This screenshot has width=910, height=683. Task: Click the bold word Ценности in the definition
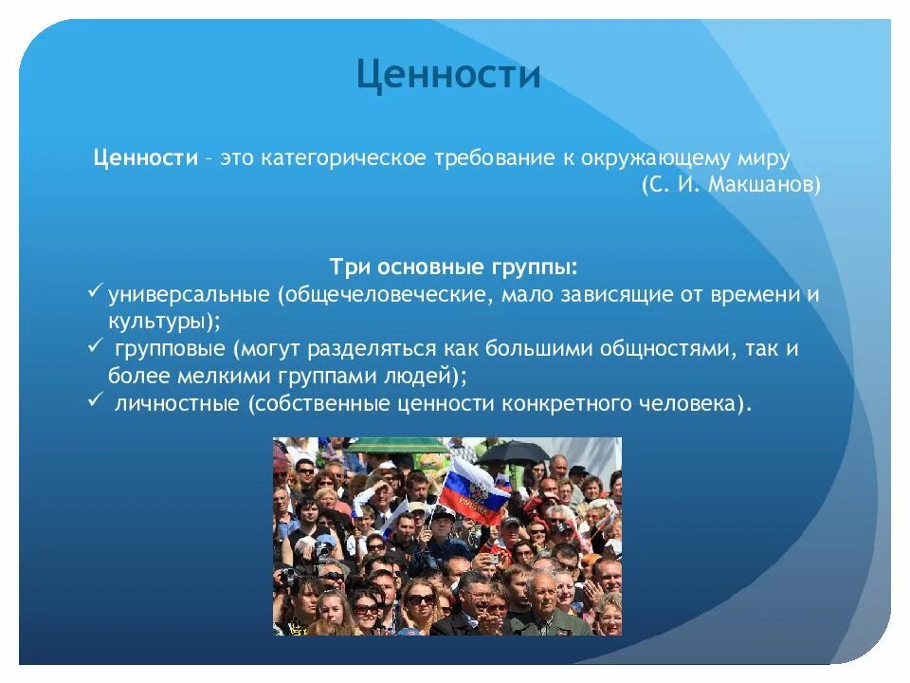[x=146, y=157]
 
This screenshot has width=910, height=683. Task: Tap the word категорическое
[x=343, y=158]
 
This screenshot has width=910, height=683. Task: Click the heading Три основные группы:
[x=454, y=268]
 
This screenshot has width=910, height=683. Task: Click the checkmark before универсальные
[x=95, y=291]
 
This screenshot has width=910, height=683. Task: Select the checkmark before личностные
[x=95, y=399]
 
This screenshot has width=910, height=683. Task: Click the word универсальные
[x=189, y=294]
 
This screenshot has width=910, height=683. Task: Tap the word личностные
[x=177, y=403]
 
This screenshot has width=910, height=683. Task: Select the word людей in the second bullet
[x=417, y=377]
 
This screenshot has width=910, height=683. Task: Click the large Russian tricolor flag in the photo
[x=471, y=491]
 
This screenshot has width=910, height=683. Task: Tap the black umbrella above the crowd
[x=513, y=452]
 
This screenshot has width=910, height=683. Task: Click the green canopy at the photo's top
[x=397, y=446]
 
